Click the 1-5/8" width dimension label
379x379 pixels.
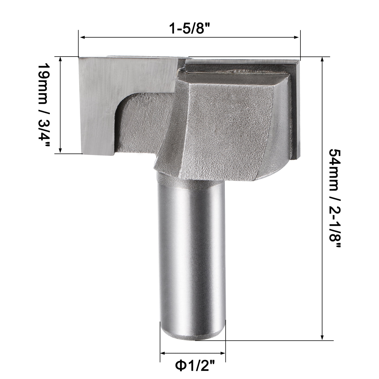190,28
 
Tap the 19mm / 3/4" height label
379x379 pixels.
43,105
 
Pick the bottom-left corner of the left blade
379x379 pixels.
82,153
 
